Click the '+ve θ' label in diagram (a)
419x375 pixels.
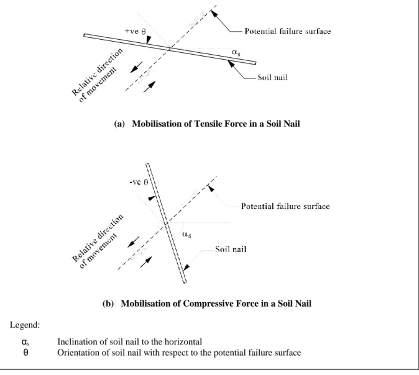(136, 31)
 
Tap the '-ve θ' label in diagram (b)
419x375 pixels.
(139, 183)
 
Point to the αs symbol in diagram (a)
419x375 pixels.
(236, 52)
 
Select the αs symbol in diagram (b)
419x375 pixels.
(186, 234)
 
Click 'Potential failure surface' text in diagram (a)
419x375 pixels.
(288, 32)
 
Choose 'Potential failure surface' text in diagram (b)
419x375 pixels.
(285, 206)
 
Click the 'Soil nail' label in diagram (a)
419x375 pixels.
(272, 78)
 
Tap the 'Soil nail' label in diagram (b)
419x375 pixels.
(231, 249)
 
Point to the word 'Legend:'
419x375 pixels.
(25, 325)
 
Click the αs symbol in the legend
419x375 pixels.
(25, 342)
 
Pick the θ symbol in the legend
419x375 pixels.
(25, 353)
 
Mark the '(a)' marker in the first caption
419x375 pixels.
(119, 124)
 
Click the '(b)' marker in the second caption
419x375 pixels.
(108, 304)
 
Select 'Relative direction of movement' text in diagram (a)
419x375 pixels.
(98, 75)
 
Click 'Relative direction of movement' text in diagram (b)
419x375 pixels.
(98, 241)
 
